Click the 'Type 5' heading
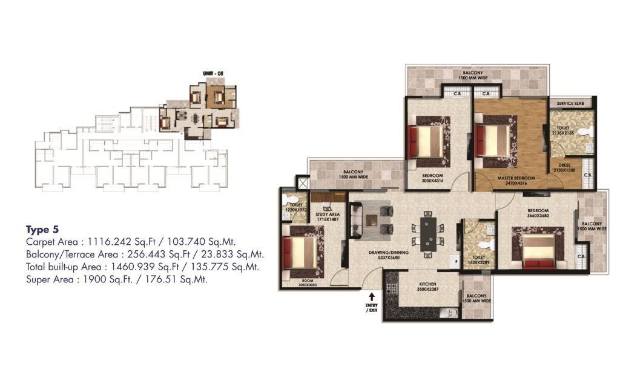point(42,229)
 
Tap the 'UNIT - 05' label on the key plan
point(213,73)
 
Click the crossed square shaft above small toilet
point(302,182)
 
